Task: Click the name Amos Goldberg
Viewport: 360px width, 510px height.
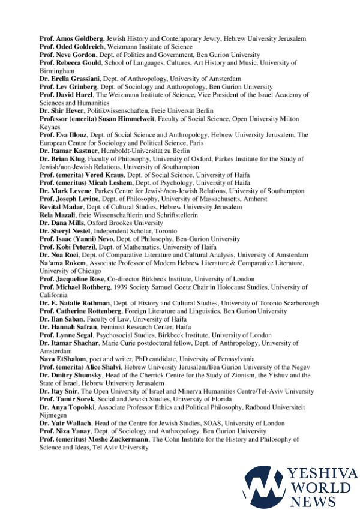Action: coord(77,38)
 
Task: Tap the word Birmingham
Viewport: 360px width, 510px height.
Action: coord(57,70)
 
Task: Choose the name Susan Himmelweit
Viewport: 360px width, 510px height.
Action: coord(121,119)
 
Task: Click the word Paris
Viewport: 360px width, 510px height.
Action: coord(196,143)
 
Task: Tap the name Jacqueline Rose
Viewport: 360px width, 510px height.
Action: coord(79,279)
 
